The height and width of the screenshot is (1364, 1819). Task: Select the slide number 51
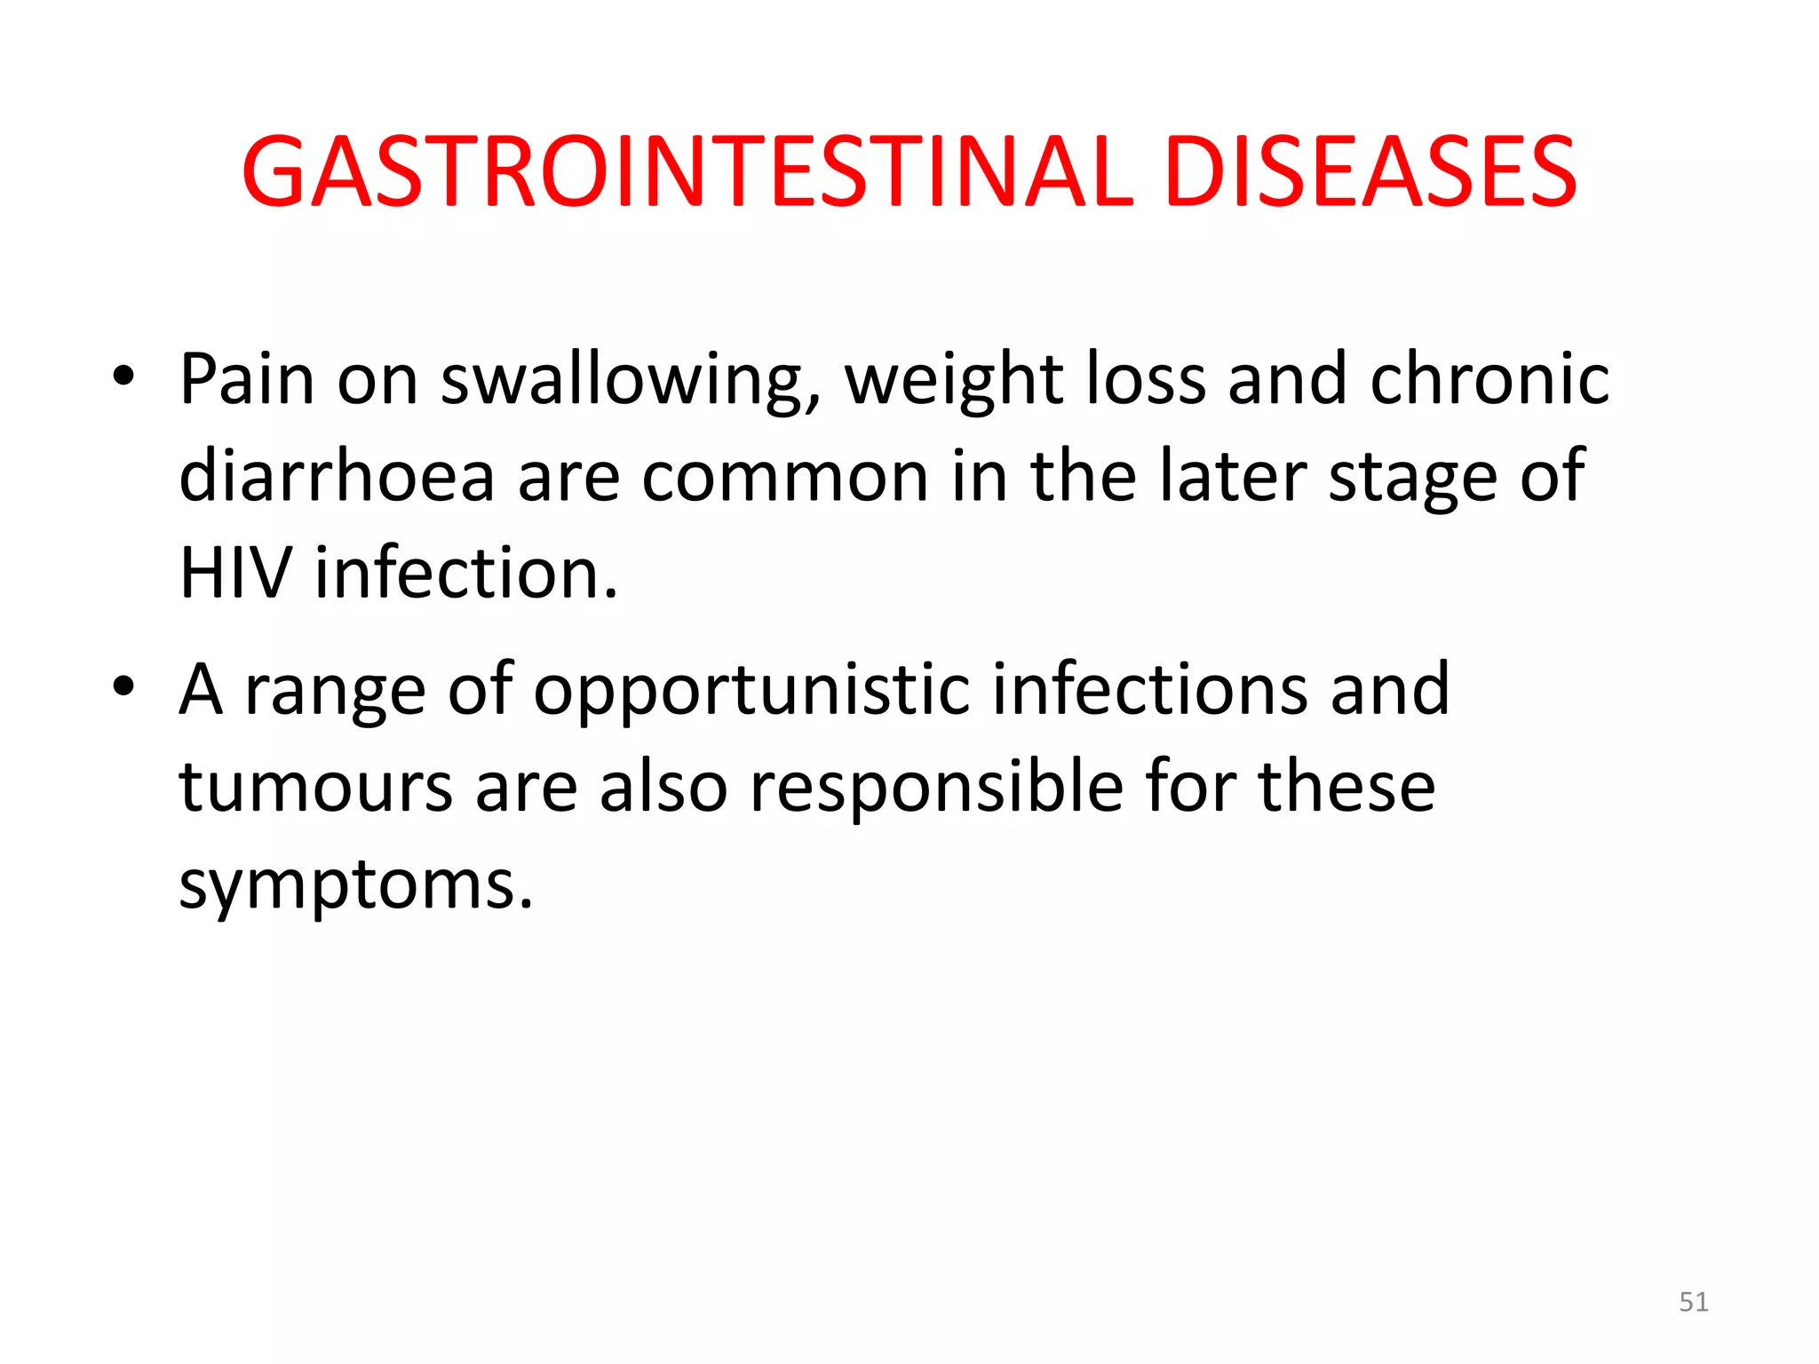1693,1302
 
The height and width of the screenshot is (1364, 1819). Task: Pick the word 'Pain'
247,379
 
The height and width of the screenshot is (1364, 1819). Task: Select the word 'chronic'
1489,379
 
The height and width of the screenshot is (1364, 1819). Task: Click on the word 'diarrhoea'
337,476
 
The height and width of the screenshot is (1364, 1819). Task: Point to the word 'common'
785,478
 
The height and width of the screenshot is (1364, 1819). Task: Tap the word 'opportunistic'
751,691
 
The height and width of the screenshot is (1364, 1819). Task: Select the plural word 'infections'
1149,689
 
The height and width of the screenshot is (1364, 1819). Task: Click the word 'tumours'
316,787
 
